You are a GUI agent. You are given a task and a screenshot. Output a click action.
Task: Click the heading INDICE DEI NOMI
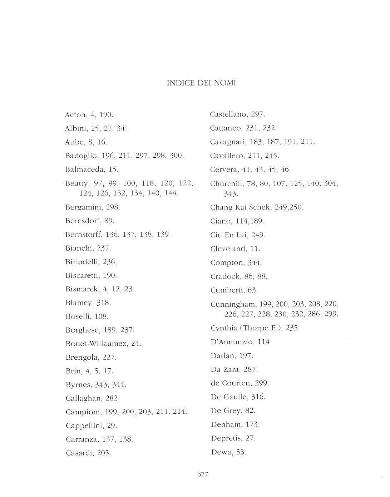pos(201,83)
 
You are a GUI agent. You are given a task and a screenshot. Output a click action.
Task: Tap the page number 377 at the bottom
pos(203,475)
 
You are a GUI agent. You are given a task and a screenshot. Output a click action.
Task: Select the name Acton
pos(75,115)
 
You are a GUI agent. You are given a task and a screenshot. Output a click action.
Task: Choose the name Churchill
pos(226,184)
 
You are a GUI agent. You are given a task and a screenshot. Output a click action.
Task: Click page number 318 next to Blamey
pos(103,303)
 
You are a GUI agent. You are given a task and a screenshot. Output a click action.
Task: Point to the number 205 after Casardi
pos(104,453)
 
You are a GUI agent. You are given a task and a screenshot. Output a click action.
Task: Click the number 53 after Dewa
pos(241,452)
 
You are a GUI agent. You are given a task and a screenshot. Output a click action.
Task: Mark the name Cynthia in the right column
pos(223,328)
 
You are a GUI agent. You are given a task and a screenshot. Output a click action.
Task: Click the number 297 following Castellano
pos(258,114)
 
